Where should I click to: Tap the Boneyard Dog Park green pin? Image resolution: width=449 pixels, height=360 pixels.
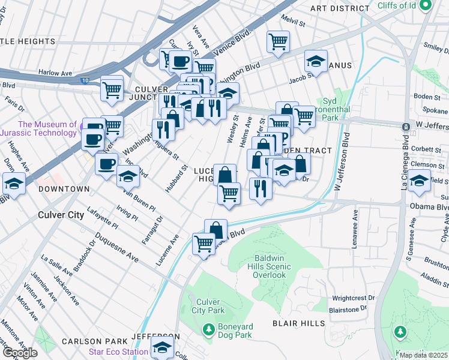pyautogui.click(x=208, y=329)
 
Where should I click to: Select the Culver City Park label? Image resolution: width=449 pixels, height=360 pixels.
pyautogui.click(x=208, y=306)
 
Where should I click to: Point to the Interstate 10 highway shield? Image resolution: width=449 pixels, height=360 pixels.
pyautogui.click(x=82, y=79)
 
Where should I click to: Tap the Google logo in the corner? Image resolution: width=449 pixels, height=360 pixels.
pyautogui.click(x=19, y=352)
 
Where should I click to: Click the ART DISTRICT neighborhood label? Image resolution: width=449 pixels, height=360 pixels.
pyautogui.click(x=340, y=8)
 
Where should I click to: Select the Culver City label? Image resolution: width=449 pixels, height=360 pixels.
pyautogui.click(x=61, y=214)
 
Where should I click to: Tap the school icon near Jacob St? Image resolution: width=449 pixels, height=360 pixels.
pyautogui.click(x=316, y=61)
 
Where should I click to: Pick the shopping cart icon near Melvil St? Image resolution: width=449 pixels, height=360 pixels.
pyautogui.click(x=278, y=41)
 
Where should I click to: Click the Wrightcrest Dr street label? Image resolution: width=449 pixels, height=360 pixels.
pyautogui.click(x=354, y=298)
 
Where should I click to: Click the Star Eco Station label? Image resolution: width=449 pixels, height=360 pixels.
pyautogui.click(x=118, y=351)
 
